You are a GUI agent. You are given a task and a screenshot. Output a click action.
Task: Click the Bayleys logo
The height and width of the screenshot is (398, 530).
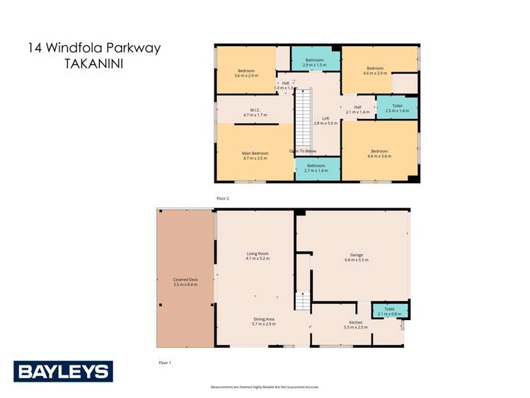coord(63,371)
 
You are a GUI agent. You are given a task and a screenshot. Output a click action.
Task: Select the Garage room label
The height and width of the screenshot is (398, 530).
coord(356,257)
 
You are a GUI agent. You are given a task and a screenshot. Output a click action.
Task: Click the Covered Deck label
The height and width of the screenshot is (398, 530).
coord(185,282)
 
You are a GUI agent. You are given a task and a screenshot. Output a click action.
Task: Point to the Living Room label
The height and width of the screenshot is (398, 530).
coord(258,256)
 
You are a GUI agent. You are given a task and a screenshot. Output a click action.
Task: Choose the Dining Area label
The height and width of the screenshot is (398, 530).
coord(265,322)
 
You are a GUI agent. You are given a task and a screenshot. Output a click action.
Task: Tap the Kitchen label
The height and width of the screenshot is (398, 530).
coord(356,324)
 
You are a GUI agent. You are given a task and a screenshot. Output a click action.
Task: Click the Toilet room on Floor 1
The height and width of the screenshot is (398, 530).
coord(389,311)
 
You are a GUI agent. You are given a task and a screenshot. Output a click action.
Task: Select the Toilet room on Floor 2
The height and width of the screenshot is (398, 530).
coord(396,108)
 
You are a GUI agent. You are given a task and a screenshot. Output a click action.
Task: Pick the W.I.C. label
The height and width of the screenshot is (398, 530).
coord(255,112)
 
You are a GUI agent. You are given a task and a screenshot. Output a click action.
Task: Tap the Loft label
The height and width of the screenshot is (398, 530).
coord(326,120)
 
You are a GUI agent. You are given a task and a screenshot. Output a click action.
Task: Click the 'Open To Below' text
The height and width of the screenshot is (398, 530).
coord(302,151)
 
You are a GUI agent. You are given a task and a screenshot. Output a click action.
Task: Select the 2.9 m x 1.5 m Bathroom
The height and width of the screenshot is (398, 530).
coord(314,62)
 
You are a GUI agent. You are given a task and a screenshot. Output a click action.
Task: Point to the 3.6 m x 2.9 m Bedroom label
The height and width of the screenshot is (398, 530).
coord(246,72)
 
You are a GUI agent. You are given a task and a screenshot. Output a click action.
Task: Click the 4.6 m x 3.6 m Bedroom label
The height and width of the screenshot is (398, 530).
coord(379,153)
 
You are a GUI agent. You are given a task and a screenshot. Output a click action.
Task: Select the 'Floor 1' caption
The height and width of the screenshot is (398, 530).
coord(165,362)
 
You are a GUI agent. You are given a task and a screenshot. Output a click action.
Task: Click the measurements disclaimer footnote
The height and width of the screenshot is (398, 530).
coord(265,387)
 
